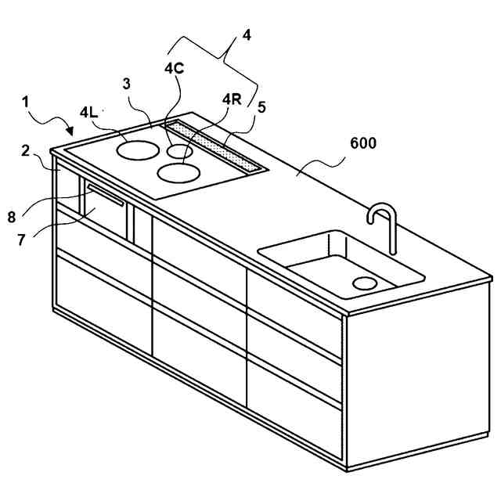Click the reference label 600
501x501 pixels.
tap(363, 143)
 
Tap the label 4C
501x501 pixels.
tap(174, 68)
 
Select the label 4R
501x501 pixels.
tap(231, 99)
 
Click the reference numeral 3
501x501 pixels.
tap(126, 84)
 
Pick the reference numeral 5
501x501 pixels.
tap(262, 107)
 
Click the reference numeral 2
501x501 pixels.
tap(27, 150)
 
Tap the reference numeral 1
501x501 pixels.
tap(27, 102)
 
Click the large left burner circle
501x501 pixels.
tap(135, 148)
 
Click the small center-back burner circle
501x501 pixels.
tap(179, 151)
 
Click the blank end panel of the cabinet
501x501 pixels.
tap(419, 376)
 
